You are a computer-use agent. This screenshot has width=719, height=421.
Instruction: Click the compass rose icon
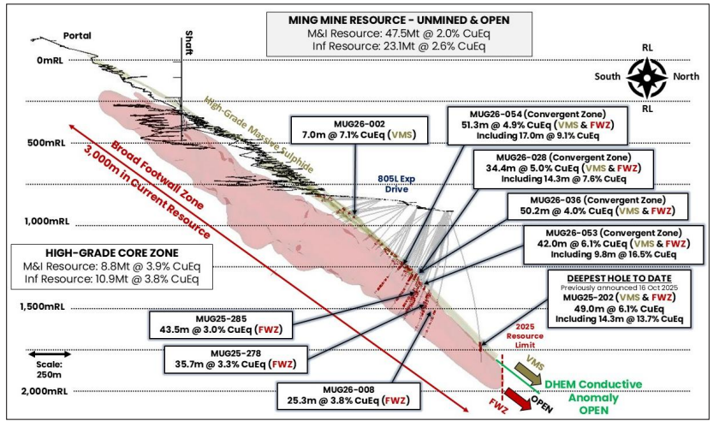(x=646, y=78)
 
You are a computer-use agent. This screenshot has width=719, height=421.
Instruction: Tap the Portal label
(x=77, y=35)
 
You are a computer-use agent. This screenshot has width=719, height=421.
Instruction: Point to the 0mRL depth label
(x=50, y=60)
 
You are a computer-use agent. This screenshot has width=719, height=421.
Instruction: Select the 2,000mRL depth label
(x=44, y=391)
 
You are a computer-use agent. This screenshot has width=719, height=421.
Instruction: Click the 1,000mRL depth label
(x=47, y=222)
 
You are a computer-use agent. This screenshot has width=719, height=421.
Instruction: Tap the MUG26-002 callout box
(x=359, y=130)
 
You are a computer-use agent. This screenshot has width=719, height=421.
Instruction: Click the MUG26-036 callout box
(x=597, y=206)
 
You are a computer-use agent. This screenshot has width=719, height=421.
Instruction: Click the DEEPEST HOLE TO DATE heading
(x=619, y=278)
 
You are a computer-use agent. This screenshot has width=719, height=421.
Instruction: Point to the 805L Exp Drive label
(x=393, y=183)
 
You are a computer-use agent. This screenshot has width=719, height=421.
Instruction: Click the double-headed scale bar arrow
(x=50, y=354)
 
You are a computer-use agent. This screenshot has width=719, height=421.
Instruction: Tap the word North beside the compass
(x=686, y=77)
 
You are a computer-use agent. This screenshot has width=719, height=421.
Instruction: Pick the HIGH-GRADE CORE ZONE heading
(x=112, y=253)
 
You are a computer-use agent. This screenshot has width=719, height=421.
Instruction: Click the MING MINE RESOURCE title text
(x=399, y=21)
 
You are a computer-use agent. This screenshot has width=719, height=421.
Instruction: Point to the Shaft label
(x=188, y=43)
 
